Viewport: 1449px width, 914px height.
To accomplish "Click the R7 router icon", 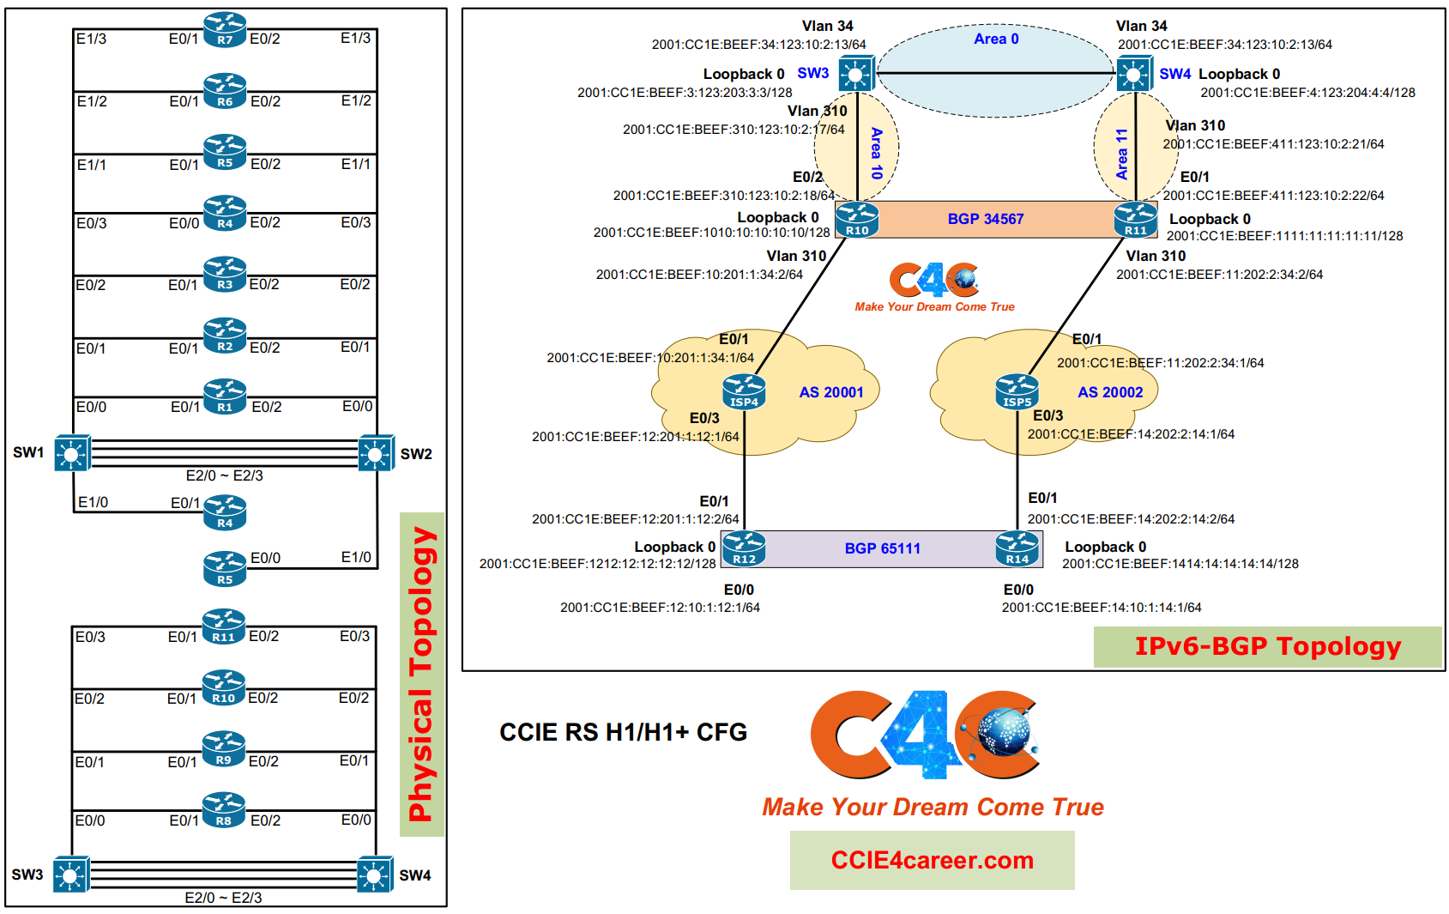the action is pos(225,30).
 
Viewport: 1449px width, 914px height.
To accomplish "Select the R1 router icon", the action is pos(225,396).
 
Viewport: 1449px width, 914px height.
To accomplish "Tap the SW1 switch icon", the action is pos(72,453).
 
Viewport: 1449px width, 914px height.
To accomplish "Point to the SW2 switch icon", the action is pos(376,453).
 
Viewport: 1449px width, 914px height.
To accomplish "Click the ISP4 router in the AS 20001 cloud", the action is pos(744,392).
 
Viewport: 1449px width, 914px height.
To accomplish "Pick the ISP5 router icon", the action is pos(1017,392).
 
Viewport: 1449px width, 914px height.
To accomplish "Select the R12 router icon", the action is pos(744,549).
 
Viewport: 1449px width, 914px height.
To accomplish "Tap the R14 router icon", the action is pos(1017,549).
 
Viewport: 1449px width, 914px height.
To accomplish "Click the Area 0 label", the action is pos(996,39).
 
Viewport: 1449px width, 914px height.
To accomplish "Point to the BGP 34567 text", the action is pos(986,219).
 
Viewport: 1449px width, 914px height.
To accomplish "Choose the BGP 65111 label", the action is pos(882,548).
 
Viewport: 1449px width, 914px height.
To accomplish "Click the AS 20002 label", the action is pos(1110,391).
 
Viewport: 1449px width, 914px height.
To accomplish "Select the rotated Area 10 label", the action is pos(877,153).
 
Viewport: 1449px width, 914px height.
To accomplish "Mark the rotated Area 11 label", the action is pos(1121,154).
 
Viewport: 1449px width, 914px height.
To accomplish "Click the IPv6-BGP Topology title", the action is pos(1268,646).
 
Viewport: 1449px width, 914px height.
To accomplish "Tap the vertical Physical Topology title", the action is pos(422,674).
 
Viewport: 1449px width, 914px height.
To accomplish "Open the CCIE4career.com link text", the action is pos(933,860).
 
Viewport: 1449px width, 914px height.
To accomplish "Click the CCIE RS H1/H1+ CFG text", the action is pos(623,732).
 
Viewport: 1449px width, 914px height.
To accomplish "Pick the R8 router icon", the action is pos(224,810).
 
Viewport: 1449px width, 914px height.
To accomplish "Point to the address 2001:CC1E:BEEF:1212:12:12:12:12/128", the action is pos(598,564).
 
